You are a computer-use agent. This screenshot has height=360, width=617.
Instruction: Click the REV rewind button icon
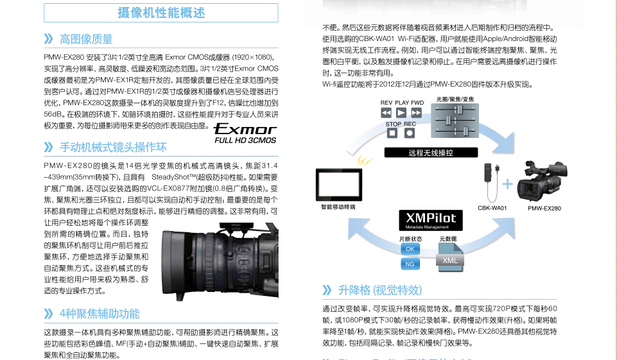coord(387,113)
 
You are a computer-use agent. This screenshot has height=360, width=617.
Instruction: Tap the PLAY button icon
coord(402,113)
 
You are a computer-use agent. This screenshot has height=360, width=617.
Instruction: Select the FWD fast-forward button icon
coord(417,113)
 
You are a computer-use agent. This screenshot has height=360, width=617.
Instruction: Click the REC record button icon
coord(410,133)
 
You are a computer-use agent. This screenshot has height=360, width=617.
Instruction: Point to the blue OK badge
coord(410,249)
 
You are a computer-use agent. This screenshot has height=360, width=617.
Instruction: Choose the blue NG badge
coord(410,264)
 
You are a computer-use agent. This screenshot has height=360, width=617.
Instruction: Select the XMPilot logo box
coord(430,219)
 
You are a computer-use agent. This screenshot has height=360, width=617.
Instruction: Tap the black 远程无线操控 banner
coord(431,153)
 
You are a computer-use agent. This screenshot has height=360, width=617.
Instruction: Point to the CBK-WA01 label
coord(492,208)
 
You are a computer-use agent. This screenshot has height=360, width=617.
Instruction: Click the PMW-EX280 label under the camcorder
coord(544,208)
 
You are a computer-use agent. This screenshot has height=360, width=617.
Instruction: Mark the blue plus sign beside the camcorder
coord(508,184)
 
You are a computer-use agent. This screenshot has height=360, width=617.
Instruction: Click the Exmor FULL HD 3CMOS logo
coord(245,132)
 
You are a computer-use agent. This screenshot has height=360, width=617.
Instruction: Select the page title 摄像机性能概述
coord(161,12)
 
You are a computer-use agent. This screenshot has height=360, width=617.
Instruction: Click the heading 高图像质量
coord(86,39)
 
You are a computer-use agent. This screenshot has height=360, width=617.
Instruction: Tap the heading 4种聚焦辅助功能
coord(99,314)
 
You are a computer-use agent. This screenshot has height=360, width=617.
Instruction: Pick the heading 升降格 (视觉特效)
coord(379,290)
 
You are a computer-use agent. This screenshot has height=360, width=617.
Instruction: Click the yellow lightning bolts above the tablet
coord(364,161)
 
